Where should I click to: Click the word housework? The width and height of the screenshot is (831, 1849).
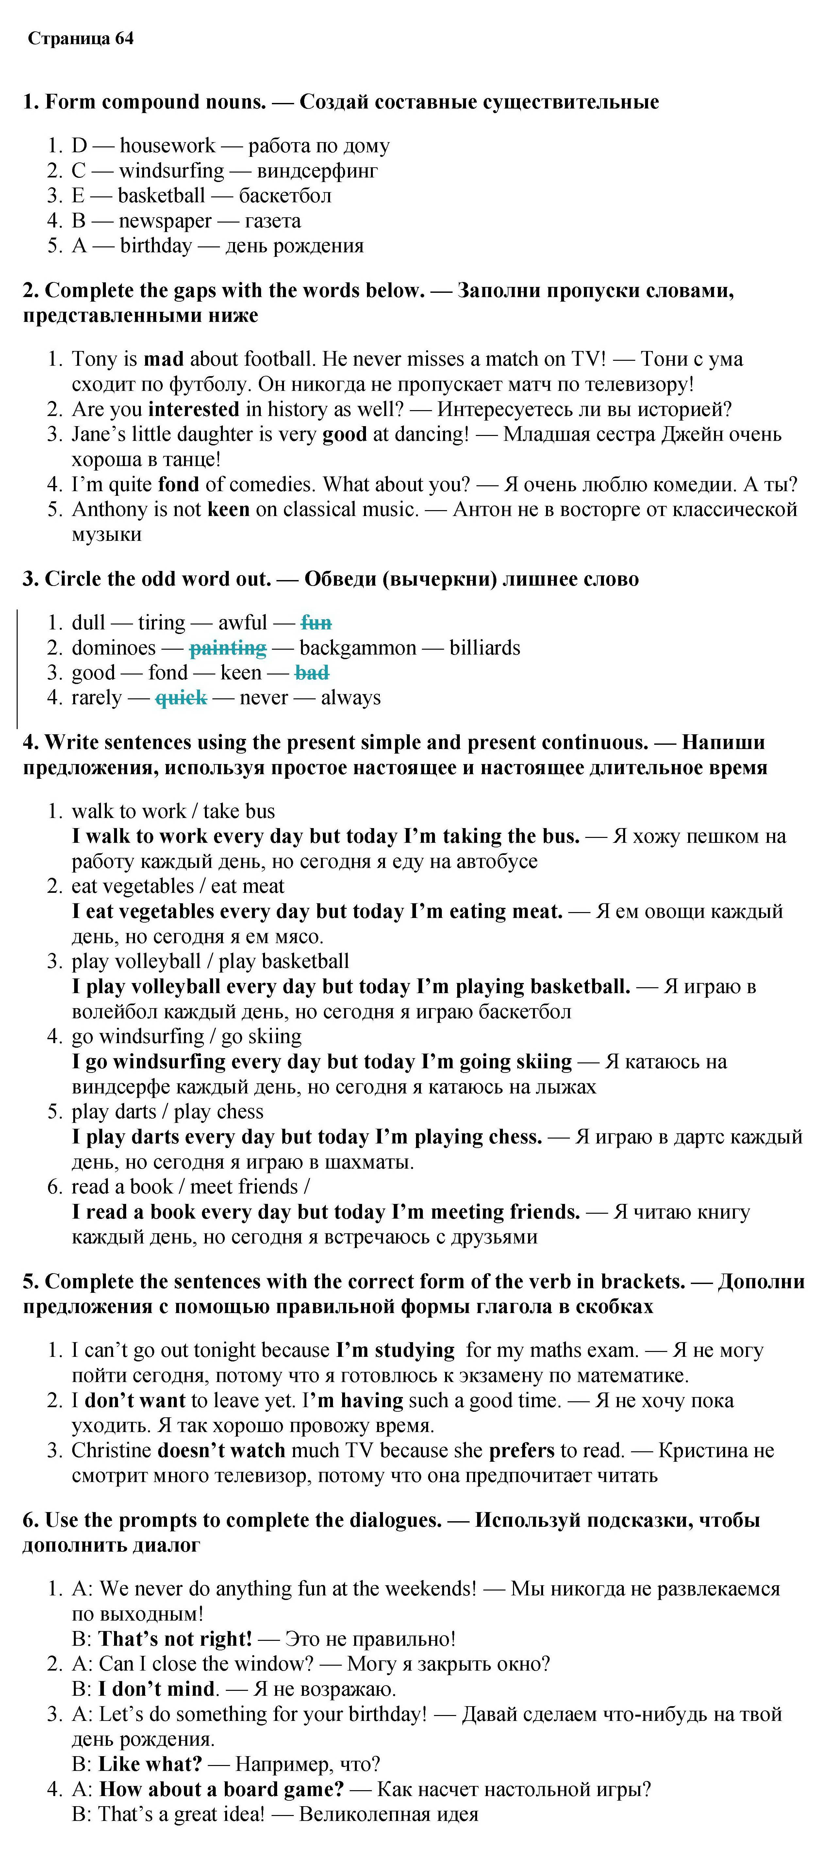[167, 146]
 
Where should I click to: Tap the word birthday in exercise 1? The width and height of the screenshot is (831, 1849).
[156, 246]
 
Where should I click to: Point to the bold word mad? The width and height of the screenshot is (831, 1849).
[164, 359]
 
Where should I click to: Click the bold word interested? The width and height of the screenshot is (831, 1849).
[194, 409]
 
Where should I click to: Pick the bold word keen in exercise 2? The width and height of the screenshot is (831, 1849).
[228, 509]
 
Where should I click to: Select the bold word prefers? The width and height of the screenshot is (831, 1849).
[522, 1451]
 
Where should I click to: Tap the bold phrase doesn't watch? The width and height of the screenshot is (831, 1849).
[221, 1451]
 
